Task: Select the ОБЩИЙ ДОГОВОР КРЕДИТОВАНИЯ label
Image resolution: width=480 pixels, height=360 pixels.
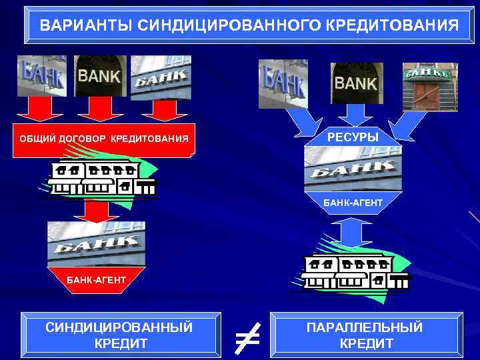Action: [103, 139]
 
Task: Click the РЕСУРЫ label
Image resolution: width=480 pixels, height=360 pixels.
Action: [353, 137]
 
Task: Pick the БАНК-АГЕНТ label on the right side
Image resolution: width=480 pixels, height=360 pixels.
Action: [353, 201]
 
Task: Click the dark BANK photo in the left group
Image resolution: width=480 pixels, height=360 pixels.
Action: [100, 76]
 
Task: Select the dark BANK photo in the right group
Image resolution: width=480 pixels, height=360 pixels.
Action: [356, 83]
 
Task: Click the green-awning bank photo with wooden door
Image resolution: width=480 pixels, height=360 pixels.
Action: [428, 87]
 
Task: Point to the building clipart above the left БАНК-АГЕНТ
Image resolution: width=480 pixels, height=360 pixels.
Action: [101, 179]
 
